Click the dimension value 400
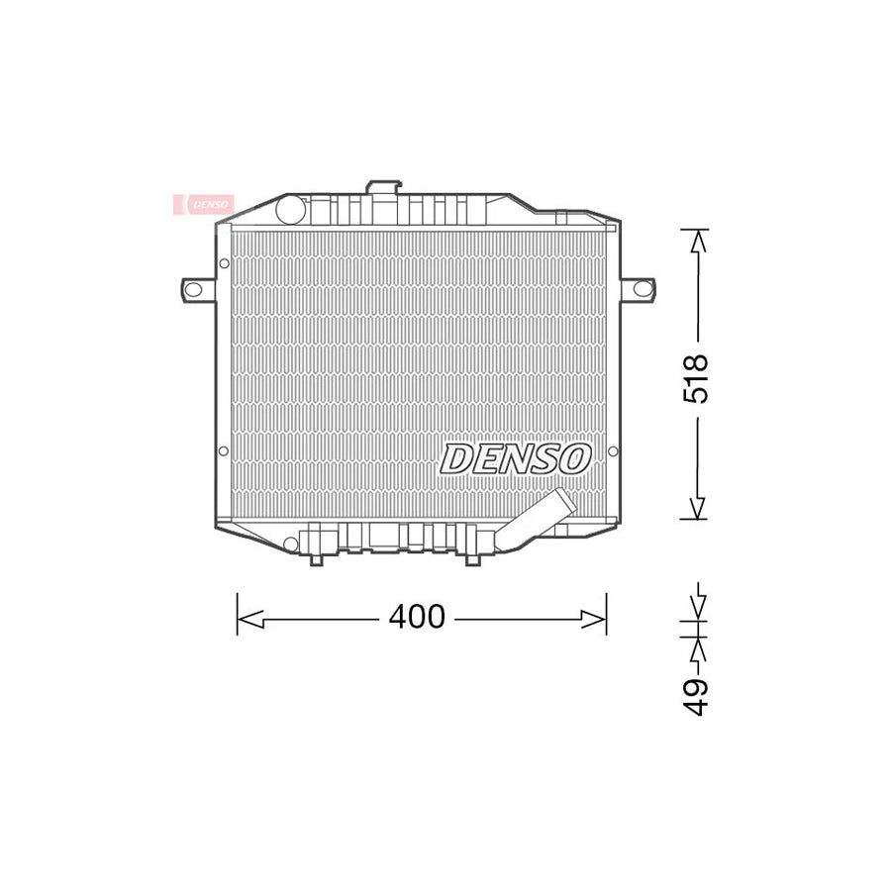(417, 618)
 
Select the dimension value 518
(698, 377)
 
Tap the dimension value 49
(698, 696)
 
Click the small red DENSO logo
(204, 204)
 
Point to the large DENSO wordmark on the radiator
(516, 458)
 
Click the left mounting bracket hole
(194, 289)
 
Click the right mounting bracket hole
(641, 289)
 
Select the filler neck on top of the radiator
(382, 188)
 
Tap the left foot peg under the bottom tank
(315, 559)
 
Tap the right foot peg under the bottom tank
(472, 559)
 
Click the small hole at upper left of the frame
(224, 263)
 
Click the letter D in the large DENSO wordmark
(457, 458)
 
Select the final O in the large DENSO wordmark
(574, 458)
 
